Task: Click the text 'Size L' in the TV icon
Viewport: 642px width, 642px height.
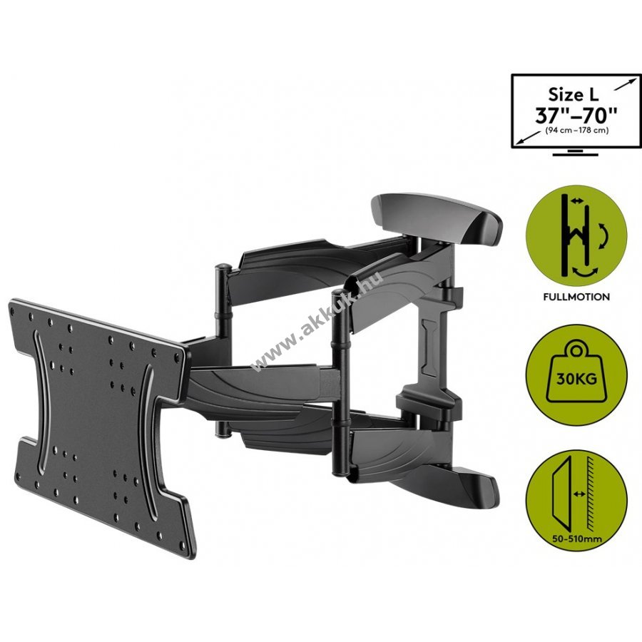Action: click(x=574, y=95)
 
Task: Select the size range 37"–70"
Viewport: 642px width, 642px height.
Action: click(x=576, y=116)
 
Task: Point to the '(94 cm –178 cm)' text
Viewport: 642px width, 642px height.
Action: click(x=576, y=131)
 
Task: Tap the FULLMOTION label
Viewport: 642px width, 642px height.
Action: click(x=576, y=297)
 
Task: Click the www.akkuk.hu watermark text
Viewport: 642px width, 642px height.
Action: click(x=319, y=320)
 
